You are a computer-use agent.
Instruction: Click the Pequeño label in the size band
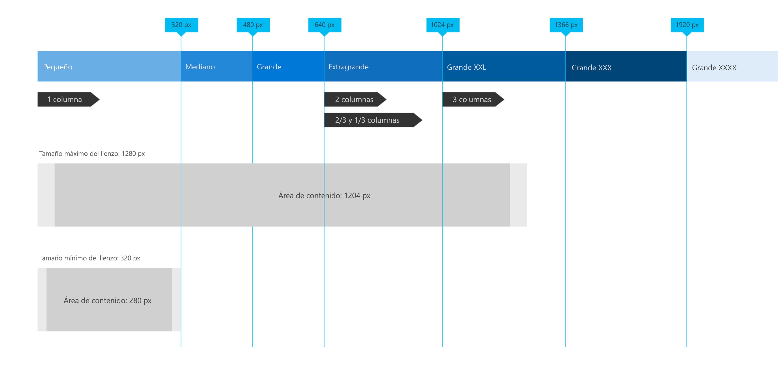tap(58, 67)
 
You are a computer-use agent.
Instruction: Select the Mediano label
tap(200, 67)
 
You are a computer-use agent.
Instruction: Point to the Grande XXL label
tap(466, 67)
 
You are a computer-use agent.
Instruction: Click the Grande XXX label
tap(591, 68)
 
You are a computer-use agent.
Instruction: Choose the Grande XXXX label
tap(714, 68)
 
